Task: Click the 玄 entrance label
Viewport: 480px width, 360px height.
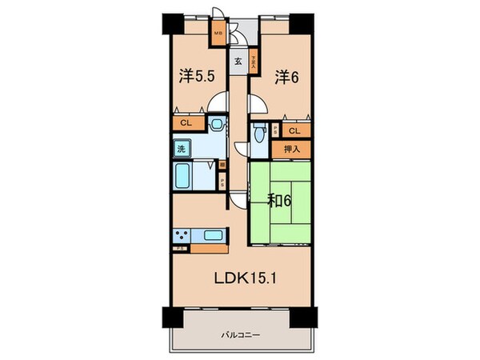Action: pyautogui.click(x=238, y=60)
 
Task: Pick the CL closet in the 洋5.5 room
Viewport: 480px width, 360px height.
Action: pyautogui.click(x=186, y=123)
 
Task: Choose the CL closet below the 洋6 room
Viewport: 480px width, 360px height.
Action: pyautogui.click(x=294, y=130)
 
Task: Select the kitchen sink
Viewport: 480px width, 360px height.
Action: pyautogui.click(x=213, y=235)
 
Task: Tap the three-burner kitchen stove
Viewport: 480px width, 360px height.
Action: pyautogui.click(x=181, y=235)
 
